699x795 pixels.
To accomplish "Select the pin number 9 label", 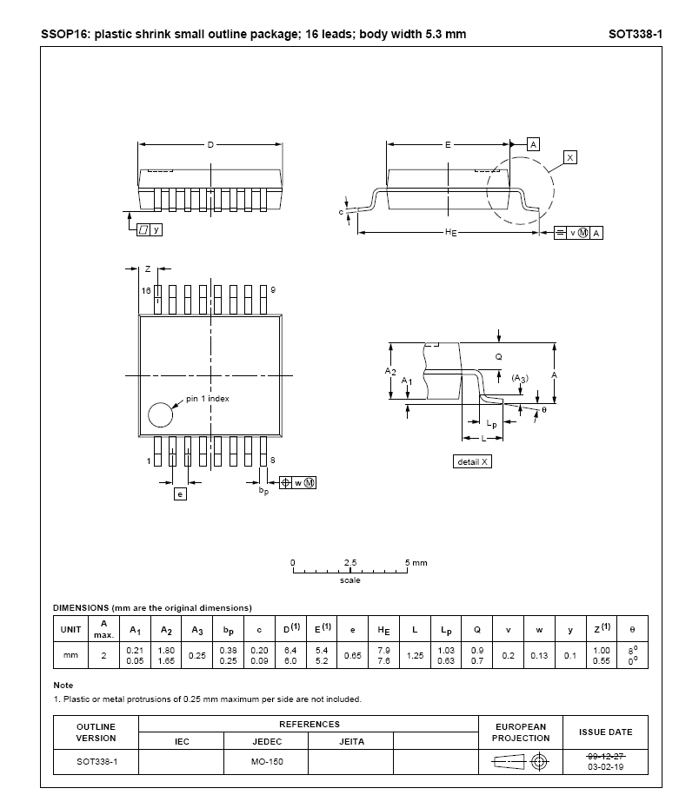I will tap(274, 289).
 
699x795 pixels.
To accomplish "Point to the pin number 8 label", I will tap(273, 460).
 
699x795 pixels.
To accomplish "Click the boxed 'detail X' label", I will tap(473, 461).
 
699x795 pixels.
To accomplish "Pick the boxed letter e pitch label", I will tap(180, 494).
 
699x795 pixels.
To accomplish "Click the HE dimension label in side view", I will tap(450, 232).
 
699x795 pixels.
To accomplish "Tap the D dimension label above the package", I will tap(210, 144).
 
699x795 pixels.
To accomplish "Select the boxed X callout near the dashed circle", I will tap(569, 157).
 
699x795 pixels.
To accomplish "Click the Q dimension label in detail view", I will tap(498, 357).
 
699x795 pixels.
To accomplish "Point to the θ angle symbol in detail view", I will tap(544, 409).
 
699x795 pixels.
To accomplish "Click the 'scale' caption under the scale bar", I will tap(350, 580).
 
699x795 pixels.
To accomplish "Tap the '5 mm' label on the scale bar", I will tap(416, 563).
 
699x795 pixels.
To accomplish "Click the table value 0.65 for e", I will tap(352, 656).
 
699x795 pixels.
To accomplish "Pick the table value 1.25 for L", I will tap(415, 656).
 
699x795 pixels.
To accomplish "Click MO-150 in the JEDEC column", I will tap(266, 761).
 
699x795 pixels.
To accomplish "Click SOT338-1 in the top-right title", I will tap(636, 34).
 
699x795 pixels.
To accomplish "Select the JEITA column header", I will tap(351, 741).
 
